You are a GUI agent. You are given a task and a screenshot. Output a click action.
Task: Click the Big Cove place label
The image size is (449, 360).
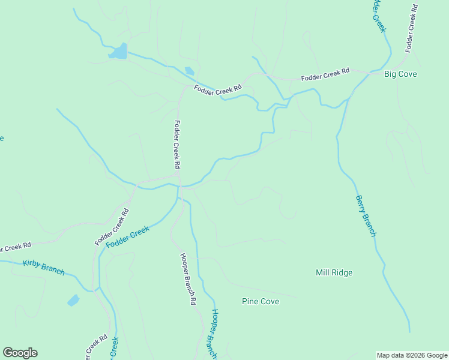pos(400,74)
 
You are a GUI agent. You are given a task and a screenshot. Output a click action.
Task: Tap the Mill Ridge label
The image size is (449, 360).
pos(334,273)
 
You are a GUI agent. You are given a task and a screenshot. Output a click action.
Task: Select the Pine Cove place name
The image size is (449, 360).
pos(261,301)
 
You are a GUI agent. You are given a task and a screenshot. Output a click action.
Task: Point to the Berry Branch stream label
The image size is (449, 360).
pos(366,216)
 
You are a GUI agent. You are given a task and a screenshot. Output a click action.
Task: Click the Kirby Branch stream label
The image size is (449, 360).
pos(43,267)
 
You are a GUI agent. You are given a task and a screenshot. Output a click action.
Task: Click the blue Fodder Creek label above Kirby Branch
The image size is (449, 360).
pos(127,237)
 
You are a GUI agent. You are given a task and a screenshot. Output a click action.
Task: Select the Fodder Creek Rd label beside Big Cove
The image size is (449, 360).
pos(325,75)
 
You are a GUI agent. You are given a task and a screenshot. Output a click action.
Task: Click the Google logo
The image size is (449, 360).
pos(20,353)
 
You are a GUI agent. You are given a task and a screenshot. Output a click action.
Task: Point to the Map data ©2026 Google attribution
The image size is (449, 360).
pos(412,355)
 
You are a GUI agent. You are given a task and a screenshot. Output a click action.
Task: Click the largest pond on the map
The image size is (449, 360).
pos(118,52)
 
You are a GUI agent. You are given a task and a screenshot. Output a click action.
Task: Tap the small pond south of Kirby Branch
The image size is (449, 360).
pos(73,300)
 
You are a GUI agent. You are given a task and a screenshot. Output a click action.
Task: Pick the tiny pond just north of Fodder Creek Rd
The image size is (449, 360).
pos(190,71)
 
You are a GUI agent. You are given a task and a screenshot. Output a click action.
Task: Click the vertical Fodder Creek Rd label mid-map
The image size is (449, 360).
pos(177,144)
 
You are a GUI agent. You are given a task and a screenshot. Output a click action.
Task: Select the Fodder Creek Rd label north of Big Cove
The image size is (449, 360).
pos(411,28)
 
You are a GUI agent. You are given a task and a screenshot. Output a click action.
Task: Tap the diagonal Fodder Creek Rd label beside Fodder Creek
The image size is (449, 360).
pos(112,227)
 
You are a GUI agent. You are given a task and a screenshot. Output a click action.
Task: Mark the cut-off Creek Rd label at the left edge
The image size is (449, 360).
pos(15,247)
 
